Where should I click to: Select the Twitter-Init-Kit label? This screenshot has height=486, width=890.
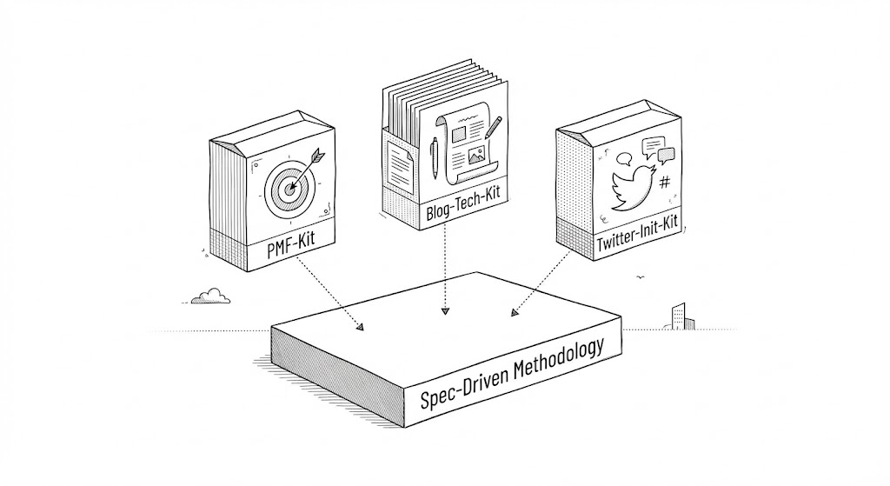638,241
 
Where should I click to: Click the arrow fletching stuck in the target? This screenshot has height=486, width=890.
314,156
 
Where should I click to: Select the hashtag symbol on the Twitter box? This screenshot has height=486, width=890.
665,183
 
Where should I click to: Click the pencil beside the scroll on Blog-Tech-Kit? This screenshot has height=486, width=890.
493,128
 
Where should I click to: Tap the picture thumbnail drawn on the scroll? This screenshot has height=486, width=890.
475,156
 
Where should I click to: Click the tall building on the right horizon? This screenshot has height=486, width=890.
679,316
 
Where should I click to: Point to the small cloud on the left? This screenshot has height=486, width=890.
210,296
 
